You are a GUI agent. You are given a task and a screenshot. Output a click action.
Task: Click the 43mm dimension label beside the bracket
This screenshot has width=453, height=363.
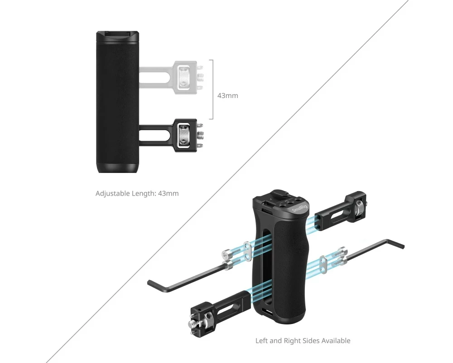(x=228, y=96)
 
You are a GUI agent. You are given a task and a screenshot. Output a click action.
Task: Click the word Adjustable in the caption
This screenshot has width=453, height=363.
(x=113, y=193)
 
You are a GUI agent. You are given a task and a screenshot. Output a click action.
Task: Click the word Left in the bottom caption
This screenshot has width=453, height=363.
(x=261, y=341)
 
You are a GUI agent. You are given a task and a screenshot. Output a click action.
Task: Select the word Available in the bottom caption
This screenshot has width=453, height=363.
(x=336, y=341)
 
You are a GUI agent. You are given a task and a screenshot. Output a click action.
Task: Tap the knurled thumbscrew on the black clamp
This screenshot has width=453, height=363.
(x=184, y=135)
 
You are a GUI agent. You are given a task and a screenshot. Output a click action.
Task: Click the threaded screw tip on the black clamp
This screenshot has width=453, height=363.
(x=200, y=135)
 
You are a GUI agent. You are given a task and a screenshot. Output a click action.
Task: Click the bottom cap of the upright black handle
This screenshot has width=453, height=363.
(x=117, y=168)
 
